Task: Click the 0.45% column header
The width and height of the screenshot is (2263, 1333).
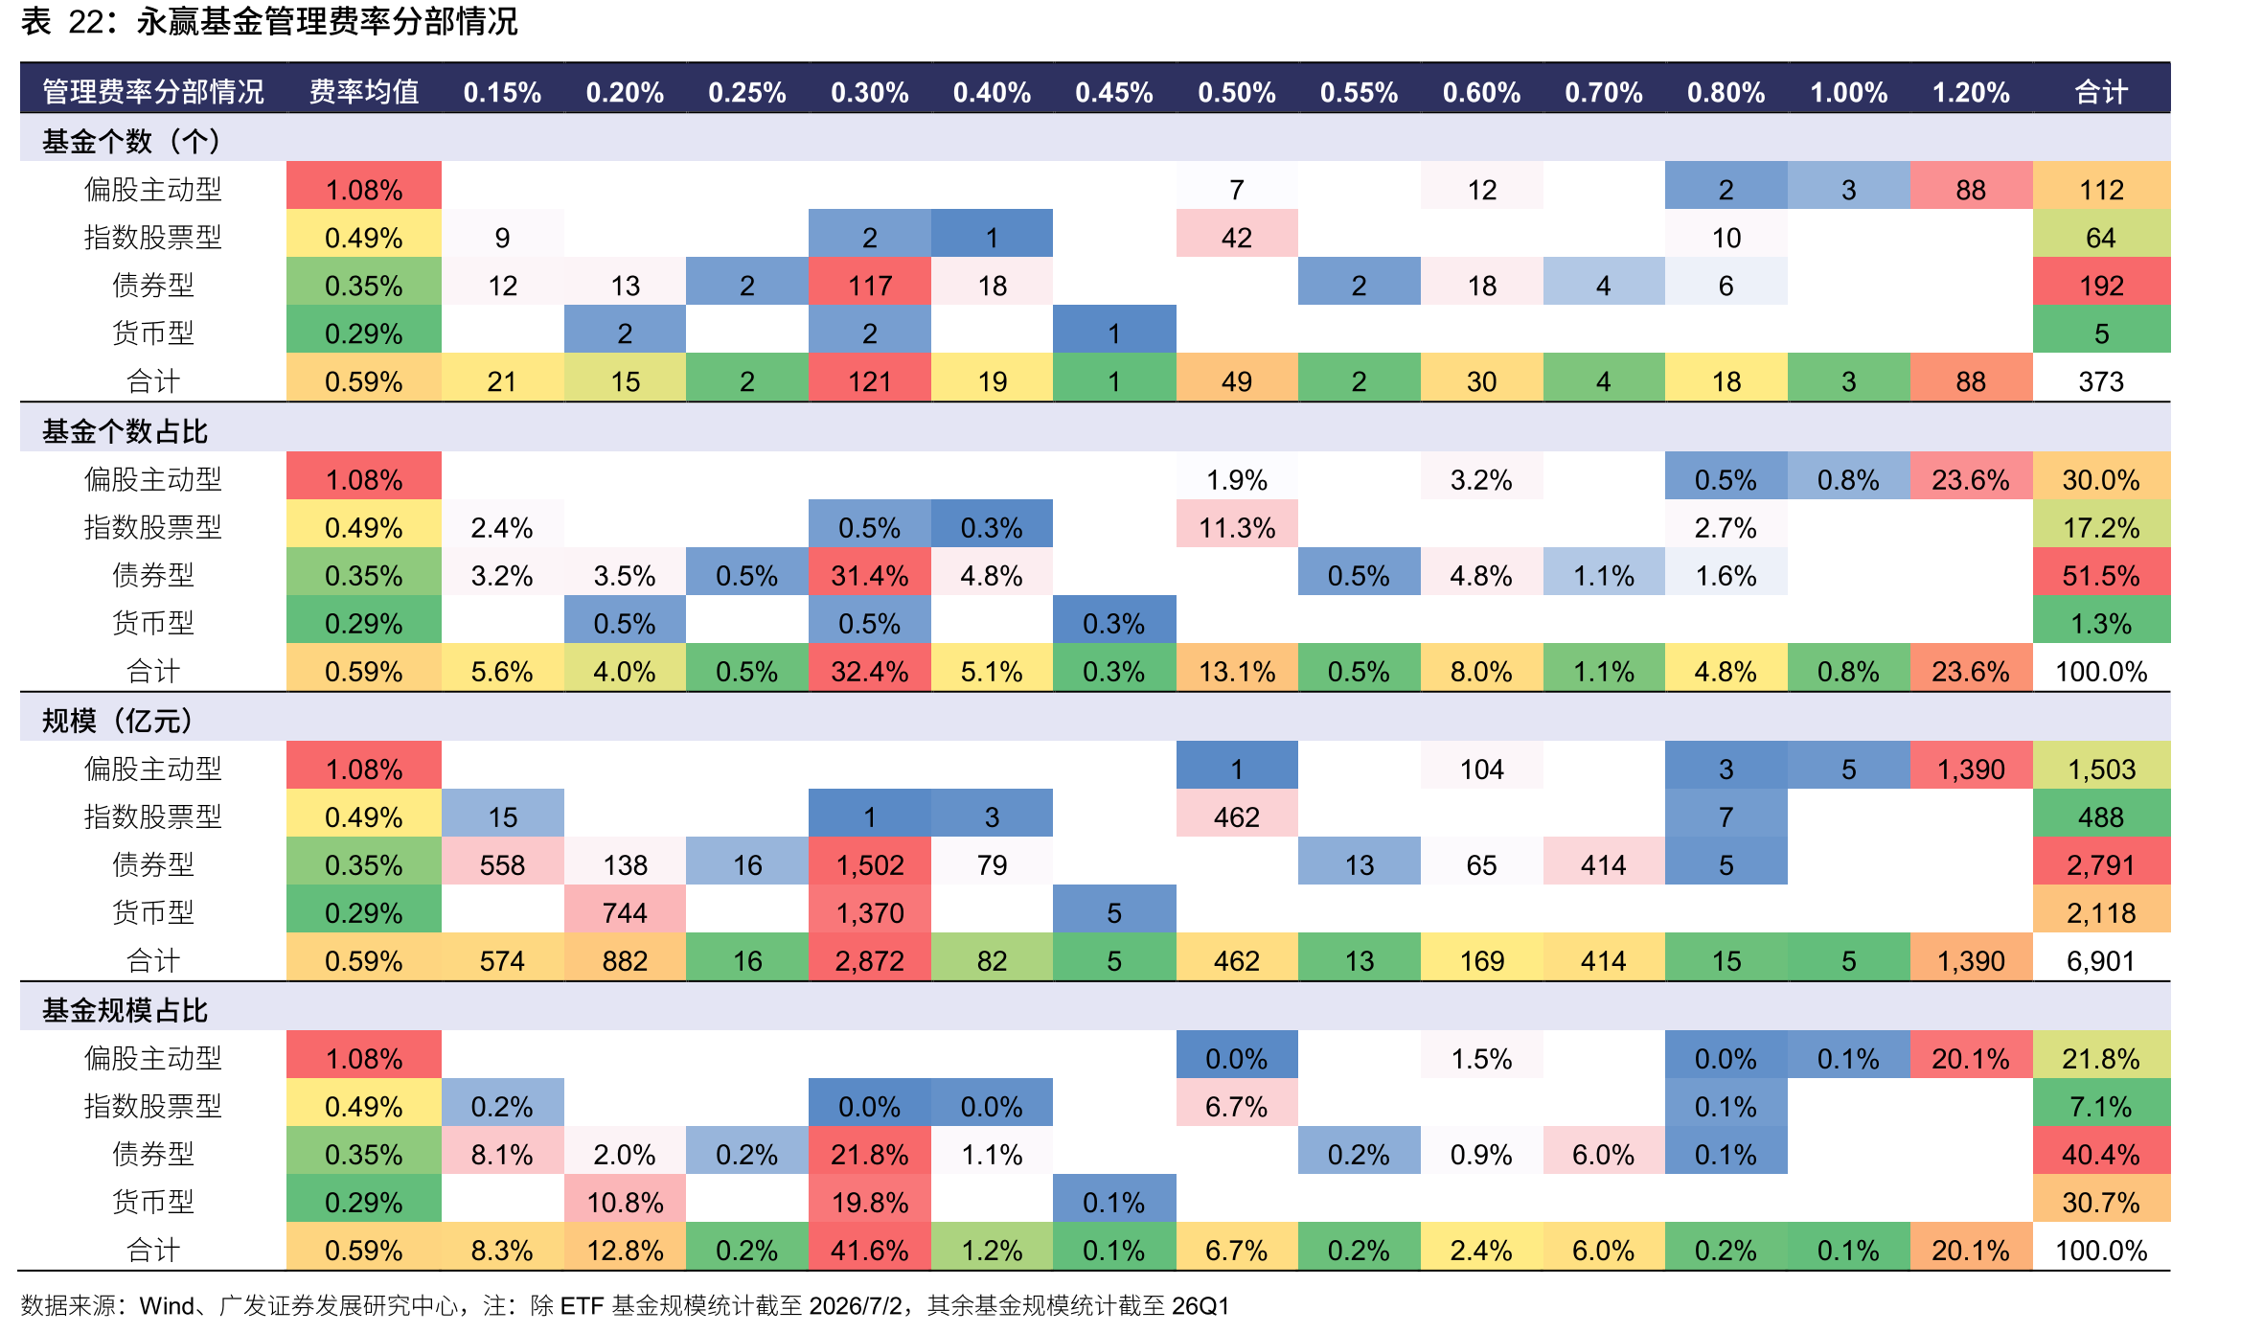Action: [x=1113, y=92]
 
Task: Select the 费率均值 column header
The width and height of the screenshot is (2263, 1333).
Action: [x=364, y=92]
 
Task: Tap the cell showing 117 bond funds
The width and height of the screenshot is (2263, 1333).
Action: [x=869, y=286]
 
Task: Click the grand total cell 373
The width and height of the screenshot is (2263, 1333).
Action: [x=2101, y=381]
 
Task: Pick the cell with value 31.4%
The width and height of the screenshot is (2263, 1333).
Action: [x=869, y=575]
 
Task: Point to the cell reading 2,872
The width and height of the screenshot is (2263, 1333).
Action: [x=869, y=960]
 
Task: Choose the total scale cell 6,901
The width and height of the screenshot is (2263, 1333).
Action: [x=2101, y=960]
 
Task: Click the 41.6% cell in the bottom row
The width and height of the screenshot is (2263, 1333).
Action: [x=869, y=1250]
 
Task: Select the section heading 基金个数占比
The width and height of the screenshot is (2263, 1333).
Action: [x=125, y=431]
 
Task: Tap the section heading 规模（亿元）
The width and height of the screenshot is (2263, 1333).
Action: [x=117, y=721]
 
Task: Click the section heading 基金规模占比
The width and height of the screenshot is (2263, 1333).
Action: [x=125, y=1010]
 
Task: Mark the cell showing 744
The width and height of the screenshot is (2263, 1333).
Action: [x=625, y=912]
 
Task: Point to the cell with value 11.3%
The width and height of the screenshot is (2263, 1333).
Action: [x=1237, y=527]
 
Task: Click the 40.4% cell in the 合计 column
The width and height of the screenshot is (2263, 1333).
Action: [x=2101, y=1154]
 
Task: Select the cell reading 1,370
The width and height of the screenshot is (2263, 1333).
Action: [x=869, y=912]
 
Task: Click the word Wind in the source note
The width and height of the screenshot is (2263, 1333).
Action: [x=167, y=1305]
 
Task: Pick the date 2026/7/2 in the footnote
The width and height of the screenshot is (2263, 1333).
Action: [x=855, y=1305]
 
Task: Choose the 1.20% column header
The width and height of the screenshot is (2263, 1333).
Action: [x=1971, y=92]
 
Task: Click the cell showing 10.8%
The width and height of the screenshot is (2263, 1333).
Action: [x=625, y=1202]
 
